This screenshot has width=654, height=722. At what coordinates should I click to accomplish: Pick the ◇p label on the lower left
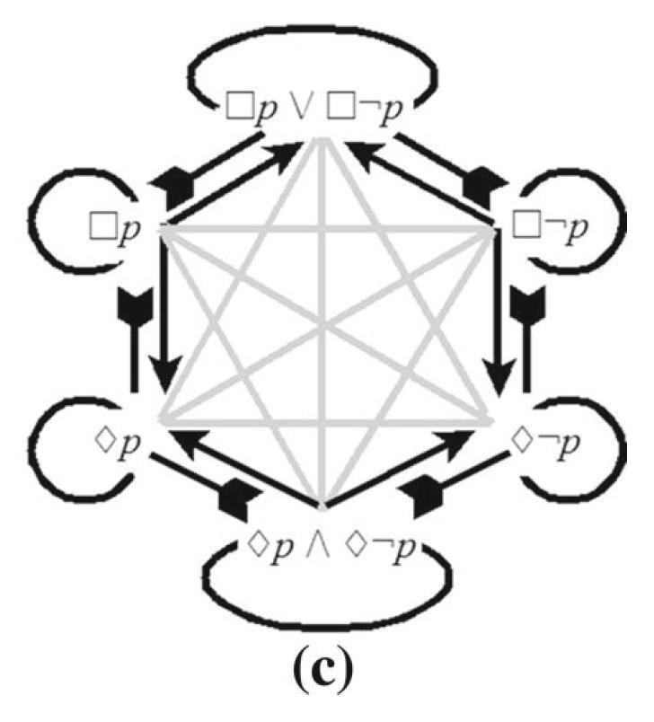117,442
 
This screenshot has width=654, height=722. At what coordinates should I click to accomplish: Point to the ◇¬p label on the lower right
547,442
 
